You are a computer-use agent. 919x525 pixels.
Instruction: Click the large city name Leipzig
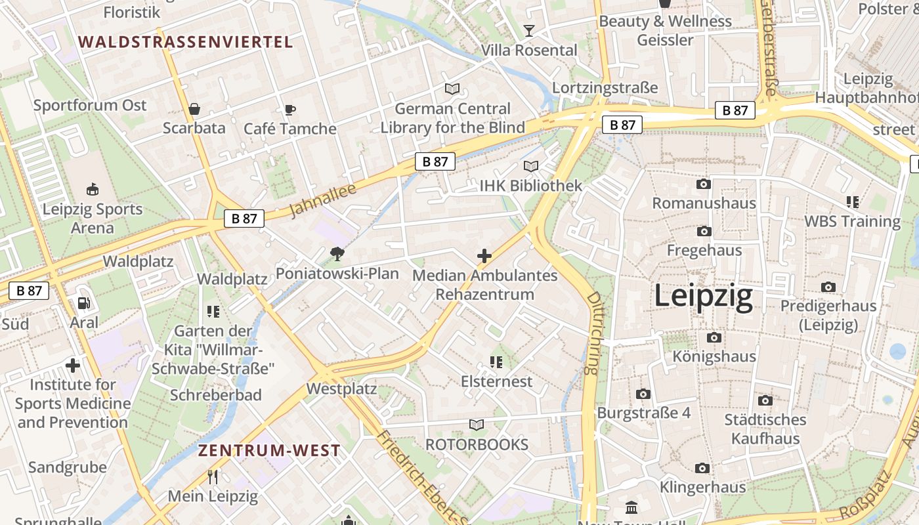point(703,297)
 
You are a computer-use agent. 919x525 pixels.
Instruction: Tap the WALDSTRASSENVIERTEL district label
point(185,42)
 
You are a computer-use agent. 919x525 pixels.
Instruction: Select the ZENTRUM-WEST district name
point(269,450)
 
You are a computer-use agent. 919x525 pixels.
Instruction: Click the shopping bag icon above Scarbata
point(194,109)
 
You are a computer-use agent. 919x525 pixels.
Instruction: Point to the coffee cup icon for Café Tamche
point(289,110)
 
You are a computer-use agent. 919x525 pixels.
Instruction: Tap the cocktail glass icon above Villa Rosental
point(528,30)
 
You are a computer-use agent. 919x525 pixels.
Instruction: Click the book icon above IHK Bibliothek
point(530,167)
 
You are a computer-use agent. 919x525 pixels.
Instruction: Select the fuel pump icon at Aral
point(84,303)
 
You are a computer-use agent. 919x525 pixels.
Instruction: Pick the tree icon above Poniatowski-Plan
point(337,254)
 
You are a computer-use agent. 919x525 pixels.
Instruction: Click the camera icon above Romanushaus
point(704,184)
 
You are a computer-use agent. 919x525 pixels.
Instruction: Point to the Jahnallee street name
point(322,199)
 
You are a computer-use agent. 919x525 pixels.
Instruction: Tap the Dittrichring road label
point(593,333)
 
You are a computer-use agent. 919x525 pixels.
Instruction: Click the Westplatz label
point(341,389)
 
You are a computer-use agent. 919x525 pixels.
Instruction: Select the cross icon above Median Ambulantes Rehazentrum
point(484,256)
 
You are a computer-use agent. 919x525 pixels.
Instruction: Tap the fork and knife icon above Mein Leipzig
point(212,476)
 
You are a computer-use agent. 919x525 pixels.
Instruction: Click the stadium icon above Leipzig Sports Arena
point(92,190)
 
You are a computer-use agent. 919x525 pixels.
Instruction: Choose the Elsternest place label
point(496,381)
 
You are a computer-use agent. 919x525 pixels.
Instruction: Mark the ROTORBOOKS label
point(477,444)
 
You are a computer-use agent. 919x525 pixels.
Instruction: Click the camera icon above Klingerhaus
point(702,468)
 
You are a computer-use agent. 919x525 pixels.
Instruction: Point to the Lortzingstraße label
point(605,88)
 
